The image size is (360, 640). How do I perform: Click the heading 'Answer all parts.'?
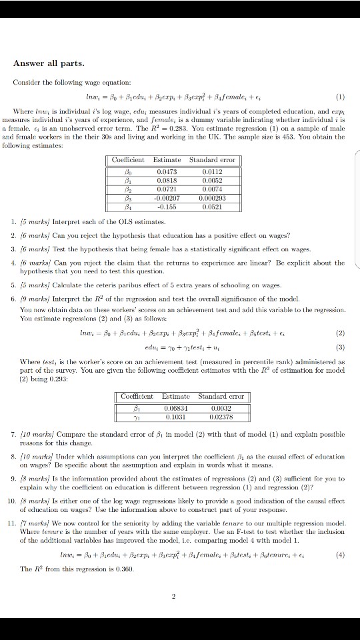click(x=49, y=63)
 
